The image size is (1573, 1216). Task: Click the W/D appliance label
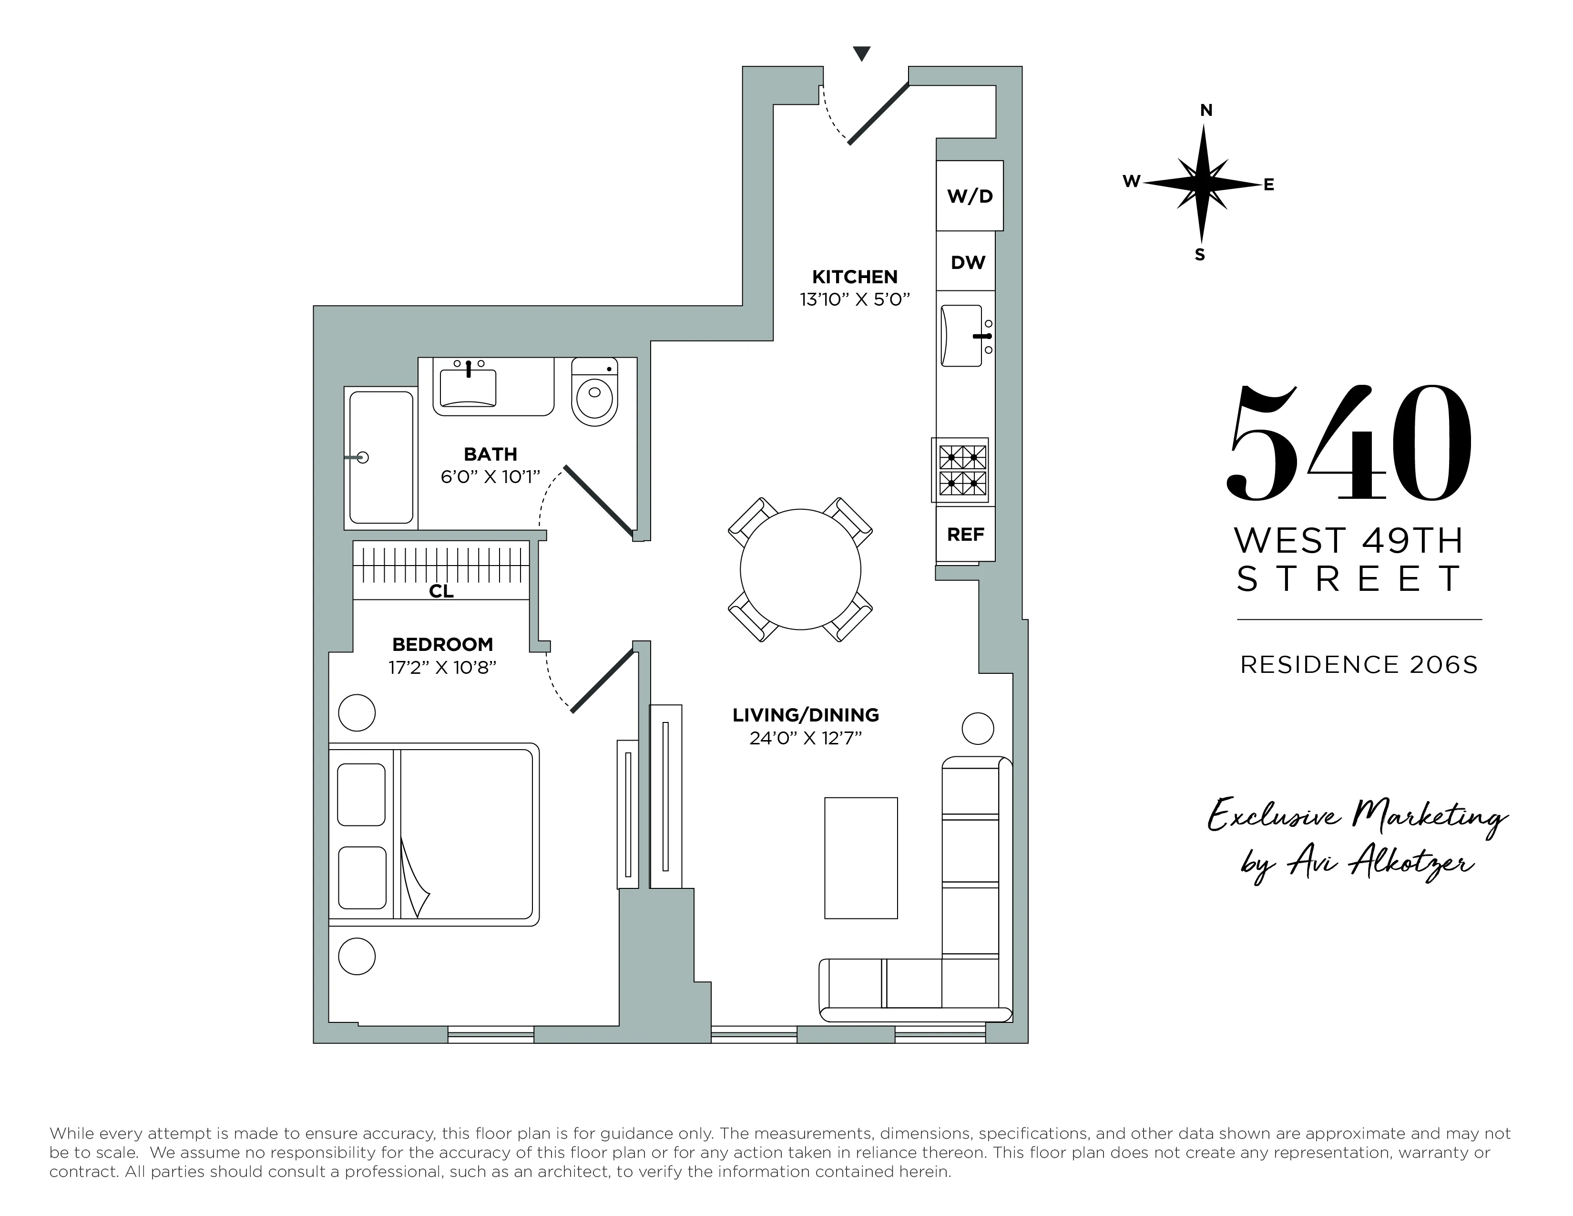point(970,196)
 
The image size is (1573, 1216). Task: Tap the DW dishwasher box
point(967,262)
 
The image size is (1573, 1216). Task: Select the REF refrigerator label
point(965,535)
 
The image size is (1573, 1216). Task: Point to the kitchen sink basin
point(961,336)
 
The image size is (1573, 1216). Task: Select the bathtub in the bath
point(381,457)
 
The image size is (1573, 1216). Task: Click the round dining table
point(800,569)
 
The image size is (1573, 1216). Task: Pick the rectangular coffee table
point(861,858)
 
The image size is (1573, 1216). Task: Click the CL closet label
point(441,591)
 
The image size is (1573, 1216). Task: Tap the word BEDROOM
point(442,644)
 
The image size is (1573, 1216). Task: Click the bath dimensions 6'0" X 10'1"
point(490,477)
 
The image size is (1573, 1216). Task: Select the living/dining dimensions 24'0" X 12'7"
point(805,738)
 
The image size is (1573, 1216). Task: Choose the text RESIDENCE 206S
point(1358,664)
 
